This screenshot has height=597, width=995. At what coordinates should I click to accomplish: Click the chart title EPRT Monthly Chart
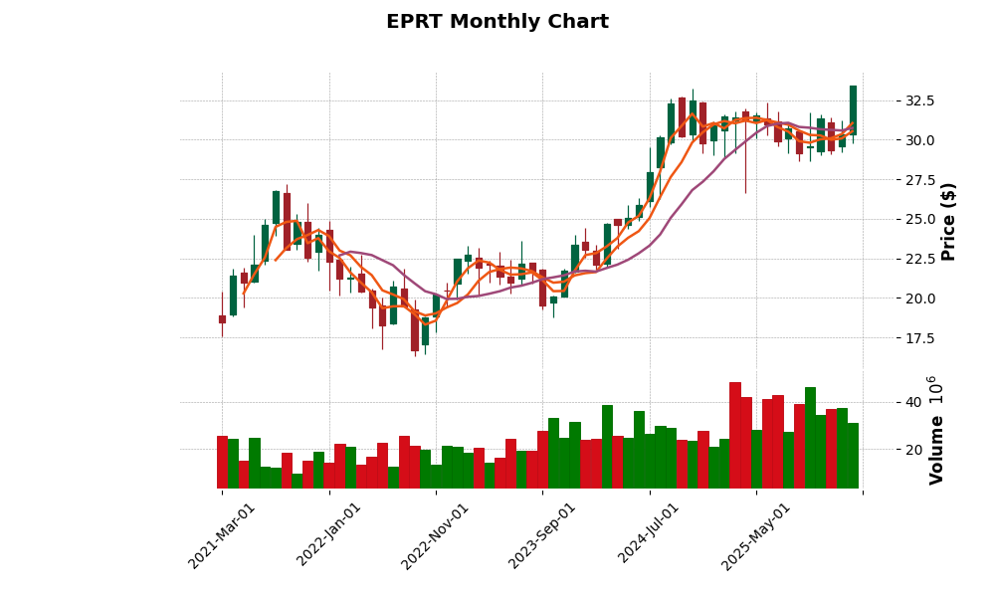point(497,22)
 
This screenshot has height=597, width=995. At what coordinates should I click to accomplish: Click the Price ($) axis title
point(948,221)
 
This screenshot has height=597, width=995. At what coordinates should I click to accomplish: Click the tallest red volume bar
point(735,435)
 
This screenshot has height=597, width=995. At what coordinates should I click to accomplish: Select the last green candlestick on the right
point(853,109)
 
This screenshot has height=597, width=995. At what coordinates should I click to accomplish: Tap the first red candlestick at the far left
point(222,319)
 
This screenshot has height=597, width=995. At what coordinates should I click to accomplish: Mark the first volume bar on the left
point(222,462)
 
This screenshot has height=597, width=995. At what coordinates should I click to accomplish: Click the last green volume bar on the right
point(853,455)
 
